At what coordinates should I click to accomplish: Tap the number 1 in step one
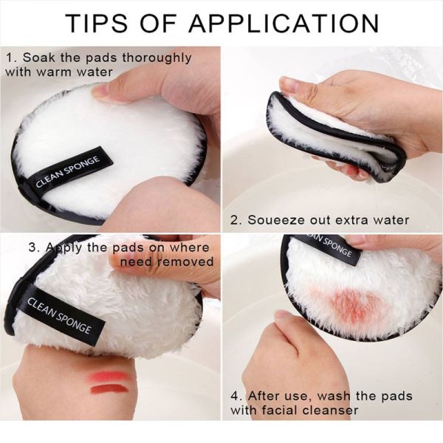[x=9, y=58]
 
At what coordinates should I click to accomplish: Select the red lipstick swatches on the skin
[x=109, y=382]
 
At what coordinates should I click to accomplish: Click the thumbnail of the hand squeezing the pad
[x=290, y=86]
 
